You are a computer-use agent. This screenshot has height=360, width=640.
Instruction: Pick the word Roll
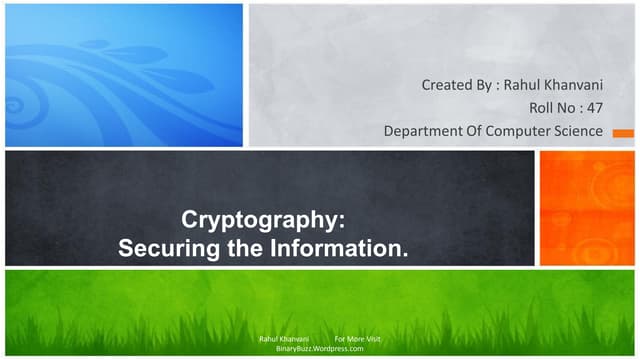(x=541, y=108)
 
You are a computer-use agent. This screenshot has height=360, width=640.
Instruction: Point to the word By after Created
(x=483, y=85)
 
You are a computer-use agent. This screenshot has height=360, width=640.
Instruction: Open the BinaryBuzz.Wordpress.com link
(x=319, y=350)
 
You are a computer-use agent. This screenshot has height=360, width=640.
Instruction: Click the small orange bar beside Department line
(x=622, y=132)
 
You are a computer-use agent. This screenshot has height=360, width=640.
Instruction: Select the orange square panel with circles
(x=587, y=208)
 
